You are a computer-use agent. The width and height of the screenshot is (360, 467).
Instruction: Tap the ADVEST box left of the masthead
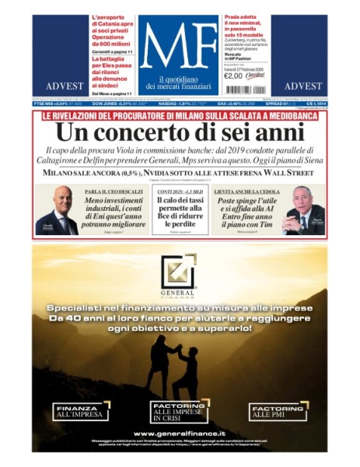[x=59, y=86]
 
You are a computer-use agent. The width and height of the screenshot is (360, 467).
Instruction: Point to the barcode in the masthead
[x=253, y=75]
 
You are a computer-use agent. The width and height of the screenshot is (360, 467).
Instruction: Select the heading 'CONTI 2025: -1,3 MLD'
[x=180, y=191]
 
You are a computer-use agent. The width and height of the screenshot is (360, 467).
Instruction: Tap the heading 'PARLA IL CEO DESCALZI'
[x=113, y=191]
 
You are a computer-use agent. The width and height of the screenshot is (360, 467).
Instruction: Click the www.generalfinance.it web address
[x=180, y=434]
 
